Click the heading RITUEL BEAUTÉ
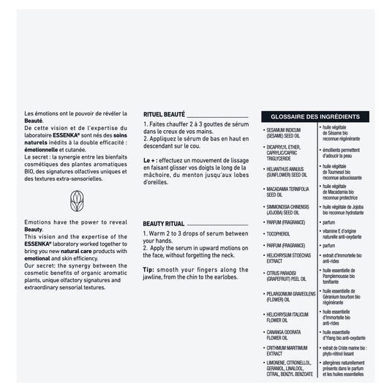click(x=164, y=114)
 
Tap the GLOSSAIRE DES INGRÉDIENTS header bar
click(x=314, y=117)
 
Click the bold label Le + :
click(x=151, y=159)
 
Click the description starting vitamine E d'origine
click(x=344, y=233)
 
